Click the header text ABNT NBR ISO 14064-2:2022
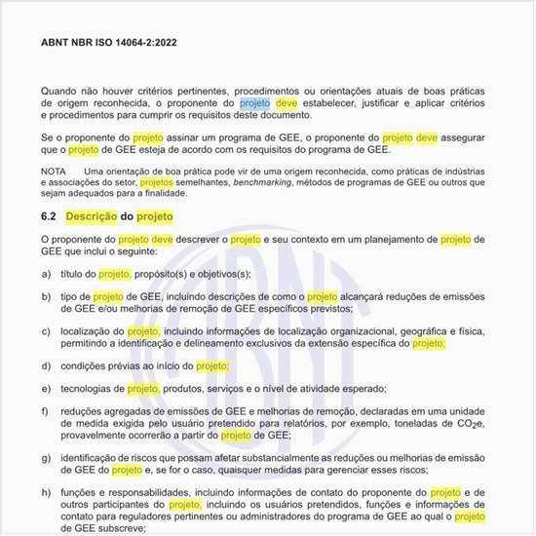[107, 44]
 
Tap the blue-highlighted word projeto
[255, 101]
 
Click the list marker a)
[47, 274]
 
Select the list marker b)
[47, 295]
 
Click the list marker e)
[47, 388]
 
